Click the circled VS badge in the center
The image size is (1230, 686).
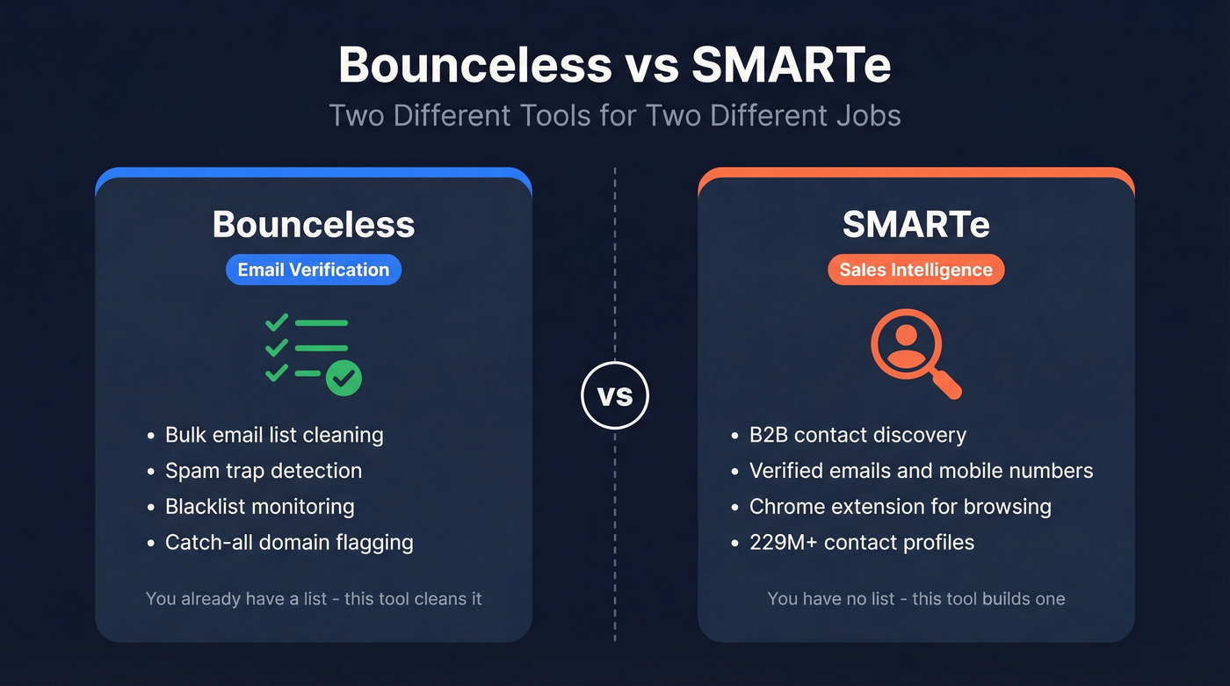(615, 396)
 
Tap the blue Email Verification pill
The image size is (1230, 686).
(313, 270)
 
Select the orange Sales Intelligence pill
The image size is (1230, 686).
(915, 270)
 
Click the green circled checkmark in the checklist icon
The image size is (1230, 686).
(344, 379)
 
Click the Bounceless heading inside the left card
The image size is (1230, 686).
(313, 225)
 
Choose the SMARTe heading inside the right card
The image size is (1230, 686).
(915, 225)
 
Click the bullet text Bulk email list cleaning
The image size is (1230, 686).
(274, 435)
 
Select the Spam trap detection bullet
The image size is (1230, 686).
(264, 471)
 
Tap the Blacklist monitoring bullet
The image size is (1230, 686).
(260, 507)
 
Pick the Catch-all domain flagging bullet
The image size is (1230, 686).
(289, 543)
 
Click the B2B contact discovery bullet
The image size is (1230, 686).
(857, 435)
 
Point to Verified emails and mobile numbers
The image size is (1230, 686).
(921, 471)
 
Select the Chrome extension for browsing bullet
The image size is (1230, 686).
(900, 507)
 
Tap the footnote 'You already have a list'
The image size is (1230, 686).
(314, 599)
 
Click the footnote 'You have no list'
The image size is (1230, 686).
(915, 599)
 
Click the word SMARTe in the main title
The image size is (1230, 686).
(792, 66)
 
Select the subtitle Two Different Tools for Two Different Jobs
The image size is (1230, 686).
(615, 115)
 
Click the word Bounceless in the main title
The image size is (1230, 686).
(474, 66)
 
